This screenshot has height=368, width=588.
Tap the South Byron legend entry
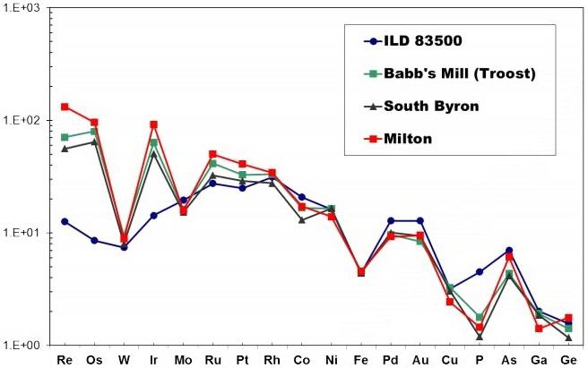click(430, 105)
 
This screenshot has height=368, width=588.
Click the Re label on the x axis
click(65, 360)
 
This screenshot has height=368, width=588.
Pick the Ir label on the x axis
click(153, 360)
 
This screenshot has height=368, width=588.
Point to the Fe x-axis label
click(361, 360)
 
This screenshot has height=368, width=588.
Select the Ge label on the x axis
click(568, 360)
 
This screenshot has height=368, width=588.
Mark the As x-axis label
click(509, 360)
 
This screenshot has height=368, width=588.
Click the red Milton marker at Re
click(65, 107)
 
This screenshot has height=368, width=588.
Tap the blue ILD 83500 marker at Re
click(65, 221)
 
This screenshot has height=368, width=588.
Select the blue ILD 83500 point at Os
click(94, 240)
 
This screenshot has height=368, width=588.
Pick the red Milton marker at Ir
click(153, 124)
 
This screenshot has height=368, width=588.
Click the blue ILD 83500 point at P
click(480, 271)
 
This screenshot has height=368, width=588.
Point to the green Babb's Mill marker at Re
click(65, 137)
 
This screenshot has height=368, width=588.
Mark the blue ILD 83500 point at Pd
click(391, 220)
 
